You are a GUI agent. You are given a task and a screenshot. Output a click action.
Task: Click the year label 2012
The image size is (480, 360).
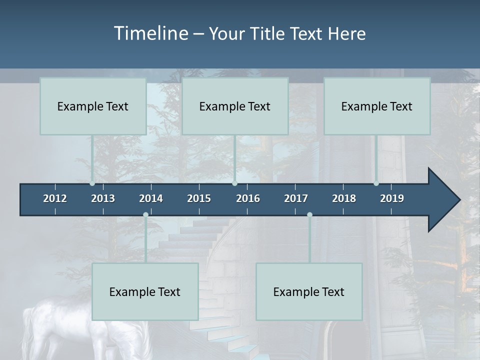(x=55, y=198)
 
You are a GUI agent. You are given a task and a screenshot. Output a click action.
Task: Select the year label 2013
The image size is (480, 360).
(x=103, y=198)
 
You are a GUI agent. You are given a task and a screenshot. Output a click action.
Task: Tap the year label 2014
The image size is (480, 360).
(x=151, y=198)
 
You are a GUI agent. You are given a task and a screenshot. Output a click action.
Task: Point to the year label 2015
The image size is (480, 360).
(x=199, y=198)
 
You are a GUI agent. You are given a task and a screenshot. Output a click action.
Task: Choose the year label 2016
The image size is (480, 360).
(x=248, y=198)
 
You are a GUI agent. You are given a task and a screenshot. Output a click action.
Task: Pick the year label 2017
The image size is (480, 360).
(x=296, y=198)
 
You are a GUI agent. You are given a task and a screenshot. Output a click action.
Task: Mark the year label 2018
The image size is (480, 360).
(x=344, y=198)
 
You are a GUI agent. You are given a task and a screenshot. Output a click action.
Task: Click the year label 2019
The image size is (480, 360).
(x=392, y=198)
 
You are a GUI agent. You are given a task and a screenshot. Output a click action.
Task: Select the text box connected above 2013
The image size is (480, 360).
(x=93, y=106)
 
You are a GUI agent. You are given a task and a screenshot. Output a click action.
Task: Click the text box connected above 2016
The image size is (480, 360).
(x=235, y=106)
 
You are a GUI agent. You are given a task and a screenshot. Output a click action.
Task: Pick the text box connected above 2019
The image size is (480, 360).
(x=377, y=106)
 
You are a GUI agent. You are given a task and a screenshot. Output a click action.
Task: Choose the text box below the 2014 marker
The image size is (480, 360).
(x=145, y=291)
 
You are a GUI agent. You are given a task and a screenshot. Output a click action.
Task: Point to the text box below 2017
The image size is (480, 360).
(x=309, y=291)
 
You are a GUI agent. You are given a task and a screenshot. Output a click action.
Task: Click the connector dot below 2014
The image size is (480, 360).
(x=145, y=215)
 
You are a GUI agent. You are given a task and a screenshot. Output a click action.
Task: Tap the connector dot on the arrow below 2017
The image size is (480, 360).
(x=309, y=215)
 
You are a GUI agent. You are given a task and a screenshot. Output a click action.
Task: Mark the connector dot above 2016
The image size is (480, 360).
(x=234, y=183)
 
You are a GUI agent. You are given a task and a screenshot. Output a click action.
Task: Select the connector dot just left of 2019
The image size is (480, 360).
(x=376, y=183)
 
